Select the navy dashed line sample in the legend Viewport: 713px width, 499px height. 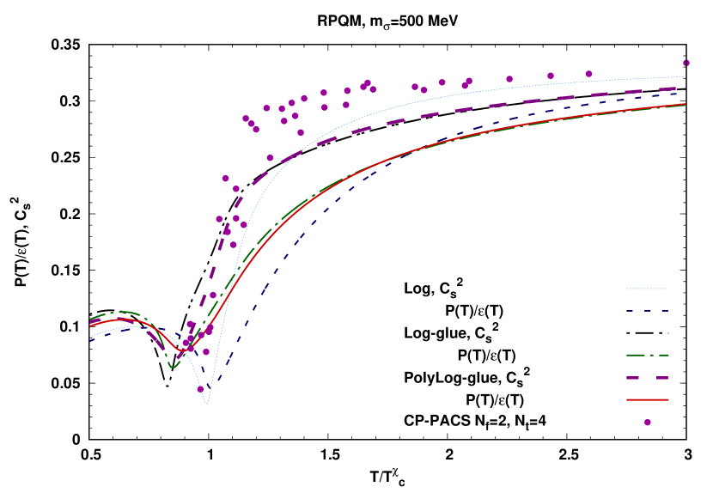pyautogui.click(x=647, y=311)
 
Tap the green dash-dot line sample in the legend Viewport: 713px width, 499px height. pyautogui.click(x=647, y=355)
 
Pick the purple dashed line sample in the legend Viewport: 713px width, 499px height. pyautogui.click(x=647, y=377)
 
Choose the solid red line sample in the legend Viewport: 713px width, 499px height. pyautogui.click(x=647, y=399)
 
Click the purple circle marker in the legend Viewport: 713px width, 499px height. pyautogui.click(x=648, y=422)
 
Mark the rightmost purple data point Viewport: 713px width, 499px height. pyautogui.click(x=686, y=63)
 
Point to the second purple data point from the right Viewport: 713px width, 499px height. pyautogui.click(x=588, y=74)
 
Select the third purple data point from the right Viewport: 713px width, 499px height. pyautogui.click(x=551, y=76)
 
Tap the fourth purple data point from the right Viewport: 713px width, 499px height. pyautogui.click(x=509, y=79)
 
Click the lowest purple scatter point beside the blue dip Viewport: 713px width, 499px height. pyautogui.click(x=200, y=389)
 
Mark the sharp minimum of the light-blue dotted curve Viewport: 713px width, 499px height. pyautogui.click(x=206, y=402)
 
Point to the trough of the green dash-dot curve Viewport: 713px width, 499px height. pyautogui.click(x=173, y=367)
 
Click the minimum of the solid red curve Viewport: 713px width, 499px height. pyautogui.click(x=183, y=350)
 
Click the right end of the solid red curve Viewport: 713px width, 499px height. pyautogui.click(x=685, y=104)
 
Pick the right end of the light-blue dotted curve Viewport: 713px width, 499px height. pyautogui.click(x=685, y=77)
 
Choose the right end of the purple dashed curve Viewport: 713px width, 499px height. pyautogui.click(x=685, y=87)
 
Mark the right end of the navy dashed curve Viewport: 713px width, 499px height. pyautogui.click(x=685, y=92)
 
